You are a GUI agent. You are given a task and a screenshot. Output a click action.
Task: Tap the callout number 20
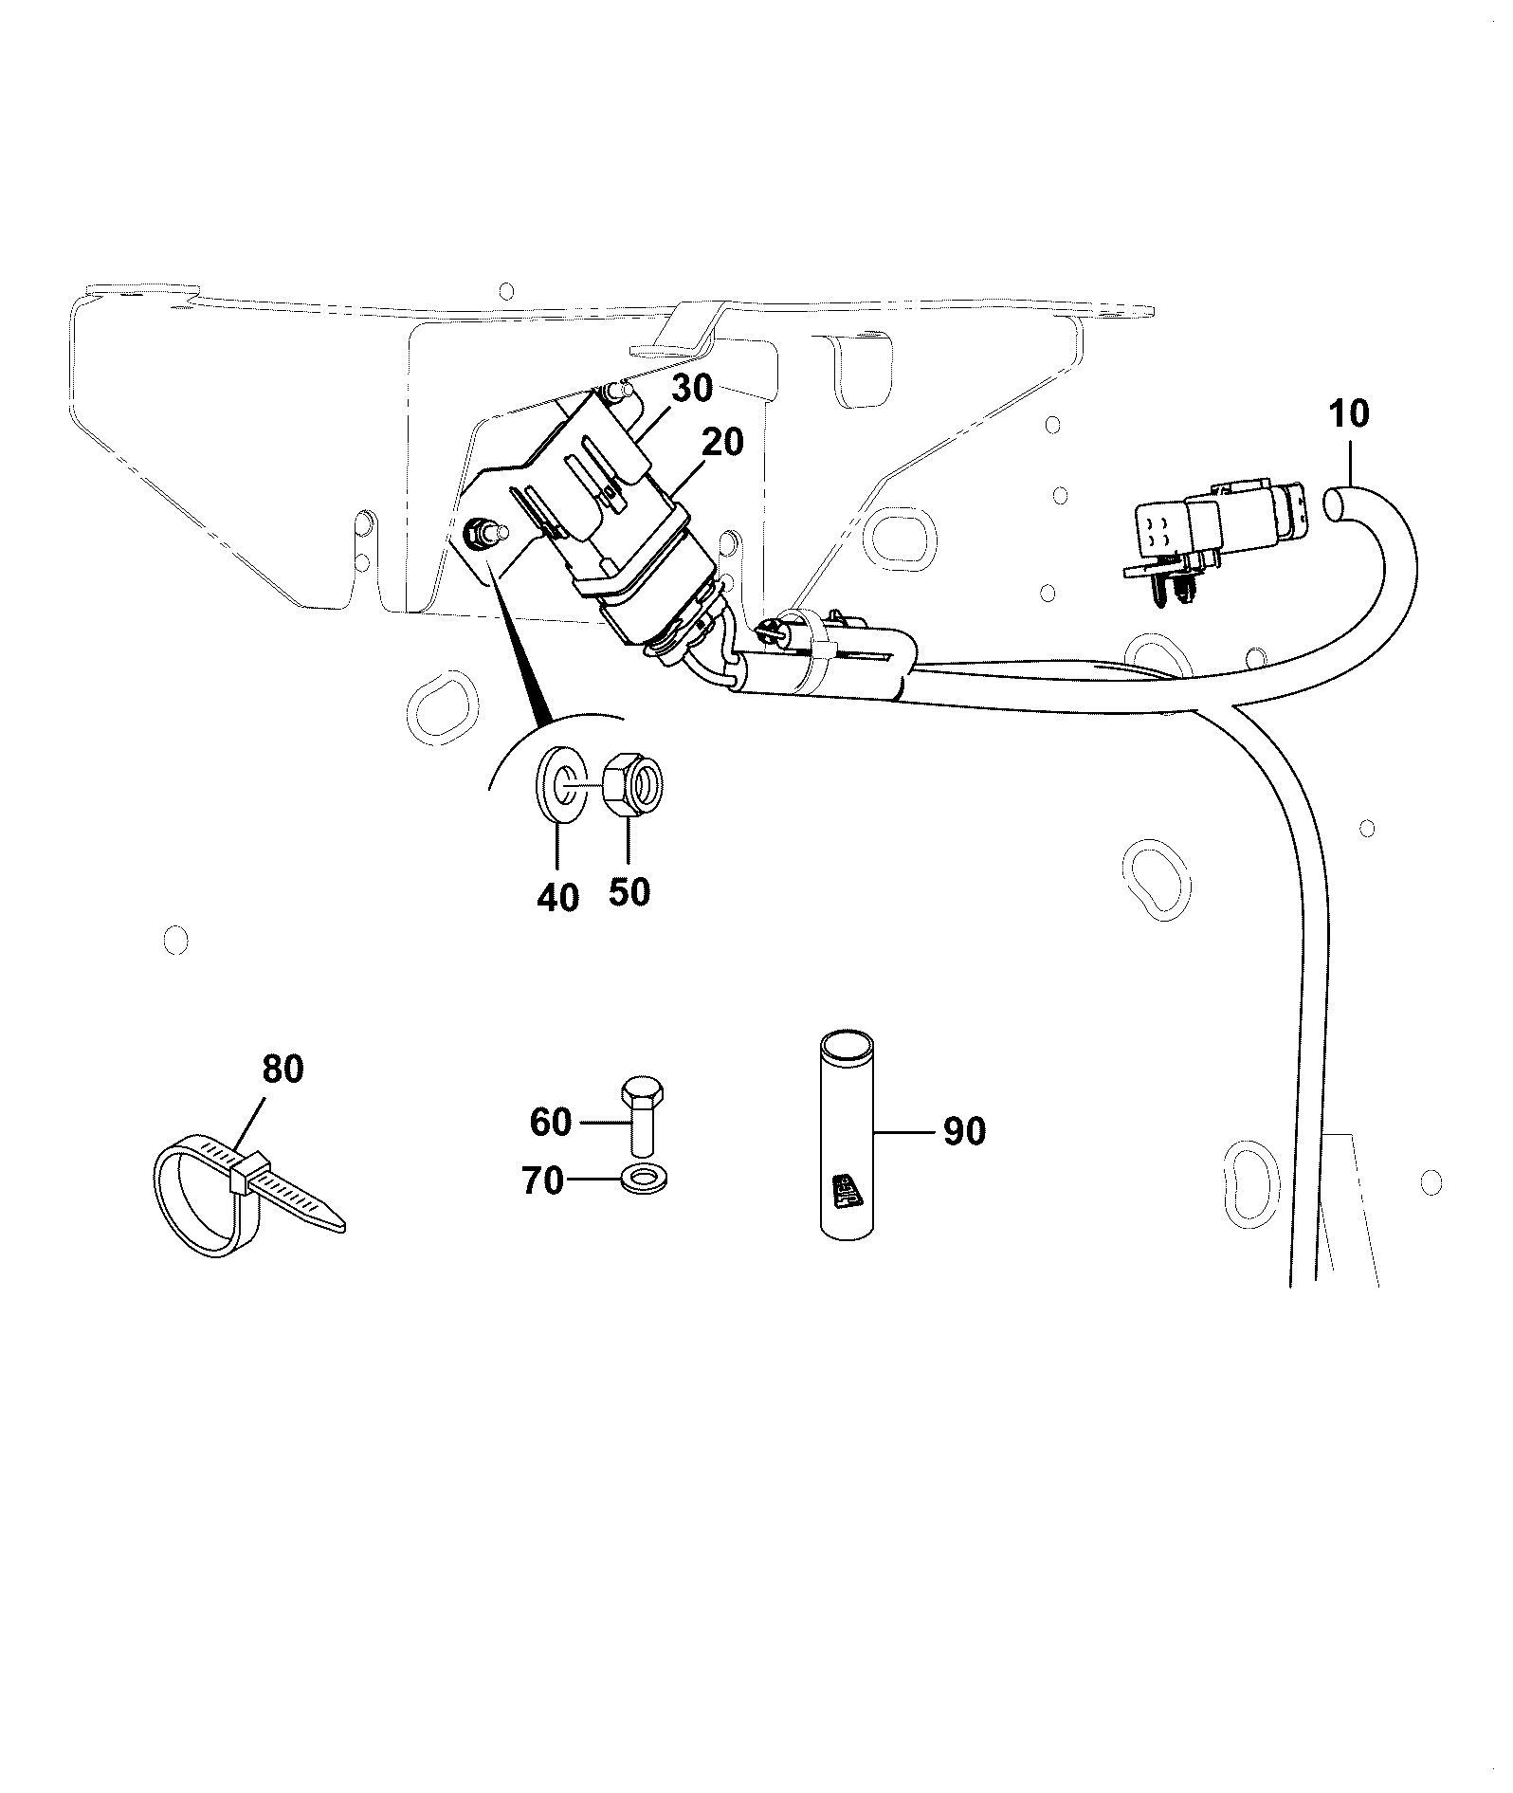point(723,443)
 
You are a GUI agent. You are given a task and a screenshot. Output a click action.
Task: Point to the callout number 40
point(557,897)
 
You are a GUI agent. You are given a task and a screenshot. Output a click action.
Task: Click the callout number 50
point(629,891)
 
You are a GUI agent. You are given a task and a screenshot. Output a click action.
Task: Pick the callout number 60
point(551,1123)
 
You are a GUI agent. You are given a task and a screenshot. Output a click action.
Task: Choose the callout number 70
point(542,1181)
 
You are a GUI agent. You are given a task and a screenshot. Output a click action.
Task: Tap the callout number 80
point(282,1070)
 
